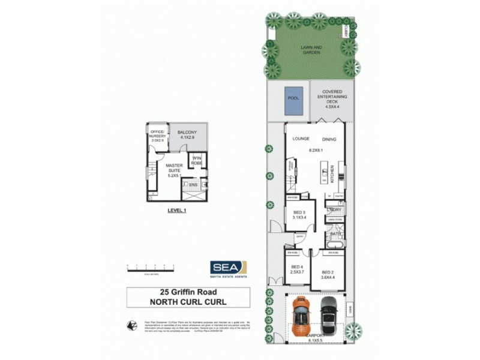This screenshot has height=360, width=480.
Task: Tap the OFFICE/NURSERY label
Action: click(158, 136)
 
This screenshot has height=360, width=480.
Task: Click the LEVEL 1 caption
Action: click(177, 211)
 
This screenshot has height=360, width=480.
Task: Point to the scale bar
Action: click(150, 266)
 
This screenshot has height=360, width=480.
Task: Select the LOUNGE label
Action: click(301, 139)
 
